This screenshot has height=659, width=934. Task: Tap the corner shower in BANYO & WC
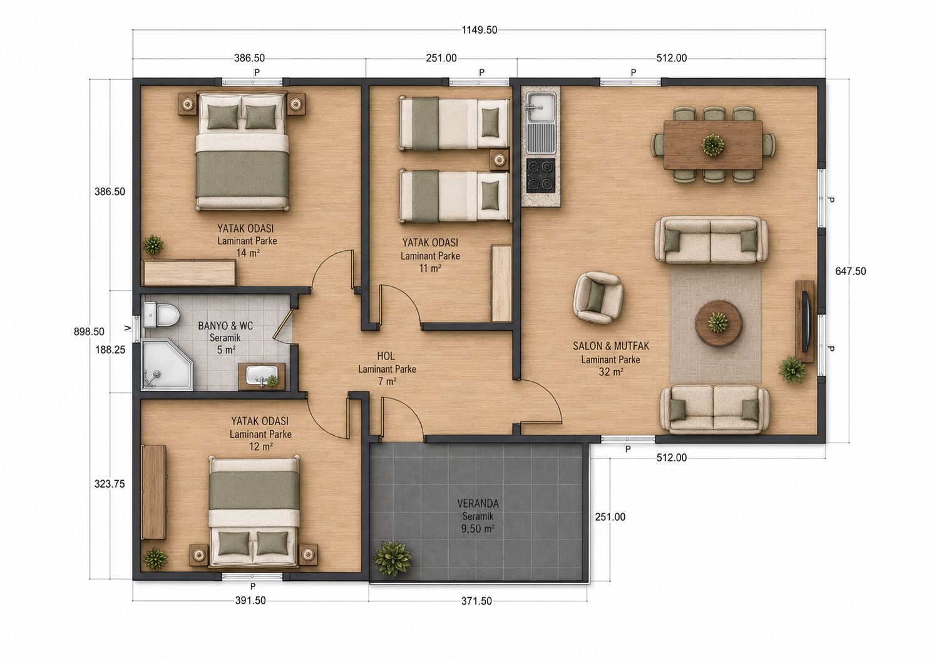pos(167,365)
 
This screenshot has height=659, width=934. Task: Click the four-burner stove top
pos(541,175)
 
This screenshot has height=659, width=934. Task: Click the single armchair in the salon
pos(598,298)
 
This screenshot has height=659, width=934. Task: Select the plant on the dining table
pos(712,145)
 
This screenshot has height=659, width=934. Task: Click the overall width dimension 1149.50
pos(480,30)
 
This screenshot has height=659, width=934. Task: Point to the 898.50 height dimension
pos(90,331)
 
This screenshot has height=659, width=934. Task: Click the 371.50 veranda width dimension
pos(476,601)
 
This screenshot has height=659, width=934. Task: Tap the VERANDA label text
pos(478,503)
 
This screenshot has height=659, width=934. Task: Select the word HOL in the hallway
pos(386,356)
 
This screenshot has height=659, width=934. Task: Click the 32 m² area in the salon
pos(611,371)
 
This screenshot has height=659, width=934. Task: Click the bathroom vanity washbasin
pos(262,375)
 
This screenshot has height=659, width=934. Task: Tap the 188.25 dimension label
pos(110,350)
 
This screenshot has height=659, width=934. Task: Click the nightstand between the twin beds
pos(499,159)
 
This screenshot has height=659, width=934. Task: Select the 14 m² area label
pos(248,253)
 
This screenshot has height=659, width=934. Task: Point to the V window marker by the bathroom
pos(128,328)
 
